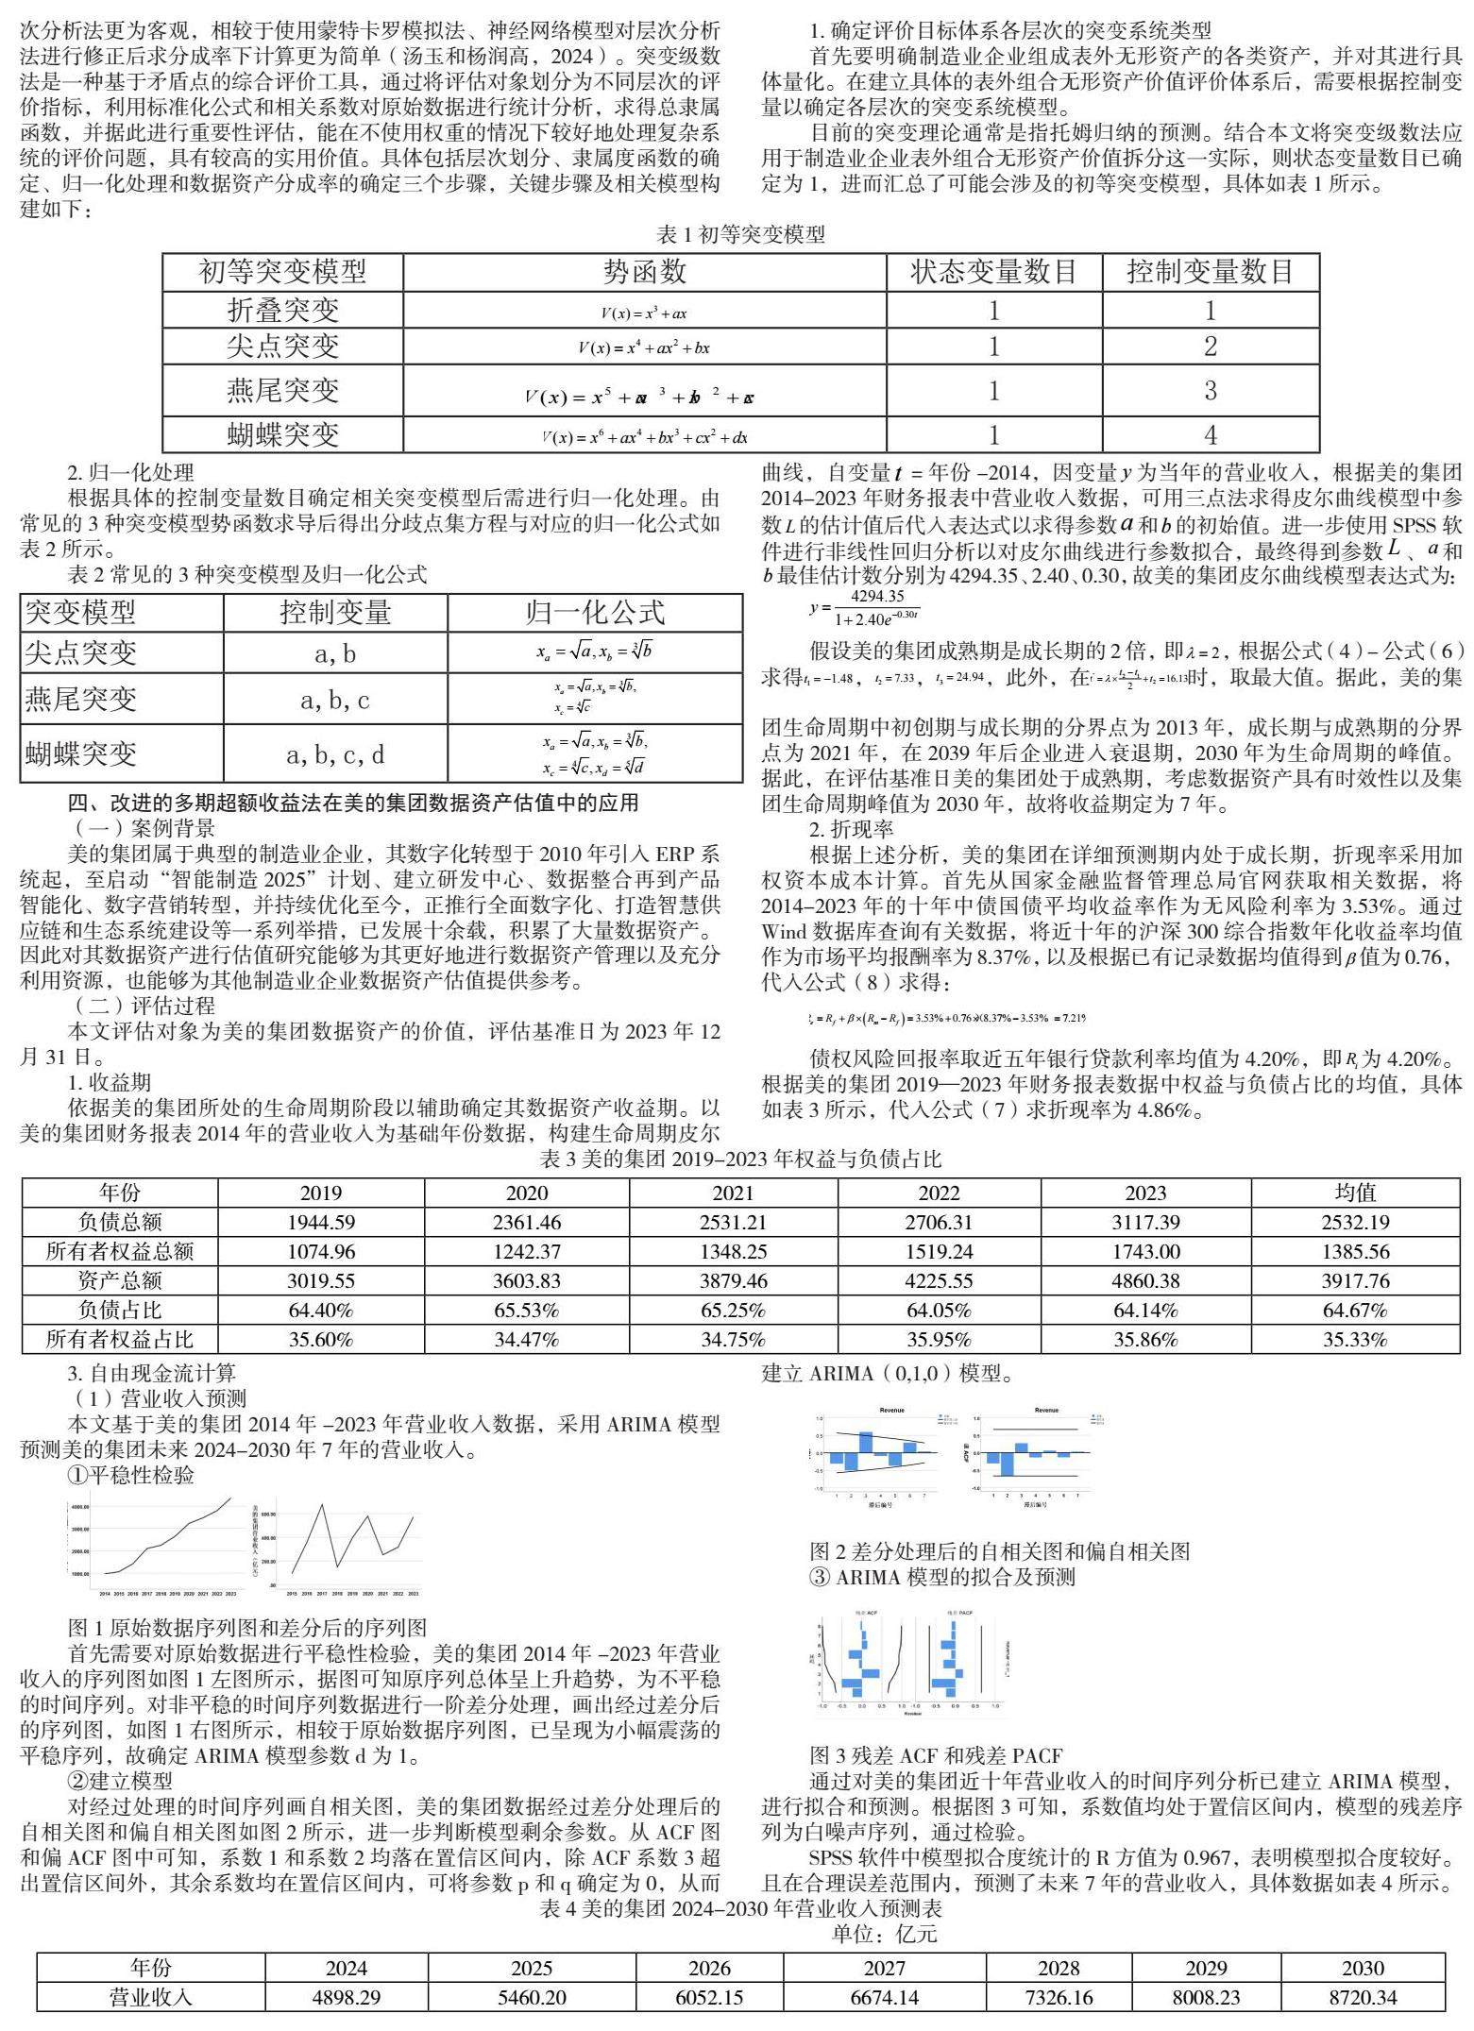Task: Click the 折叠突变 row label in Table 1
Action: tap(282, 310)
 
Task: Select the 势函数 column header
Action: tap(644, 273)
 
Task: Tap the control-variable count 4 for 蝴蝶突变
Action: tap(1210, 435)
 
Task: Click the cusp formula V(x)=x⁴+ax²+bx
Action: tap(644, 347)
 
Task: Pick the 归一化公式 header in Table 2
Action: tap(595, 613)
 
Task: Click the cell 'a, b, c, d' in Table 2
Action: tap(335, 754)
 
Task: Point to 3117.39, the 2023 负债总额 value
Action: tap(1145, 1222)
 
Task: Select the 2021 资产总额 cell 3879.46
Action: tap(733, 1280)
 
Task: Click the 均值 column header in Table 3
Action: tap(1355, 1193)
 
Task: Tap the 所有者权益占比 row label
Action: tap(120, 1339)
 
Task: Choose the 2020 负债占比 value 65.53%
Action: tap(527, 1310)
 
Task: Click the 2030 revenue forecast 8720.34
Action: tap(1363, 1997)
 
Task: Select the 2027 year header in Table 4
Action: tap(885, 1968)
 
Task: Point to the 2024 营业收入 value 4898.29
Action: tap(347, 1997)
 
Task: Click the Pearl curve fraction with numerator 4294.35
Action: tap(875, 607)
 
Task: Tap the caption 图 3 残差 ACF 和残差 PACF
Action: tap(935, 1755)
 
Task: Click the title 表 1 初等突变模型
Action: tap(740, 234)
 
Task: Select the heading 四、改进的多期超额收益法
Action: tap(353, 803)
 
